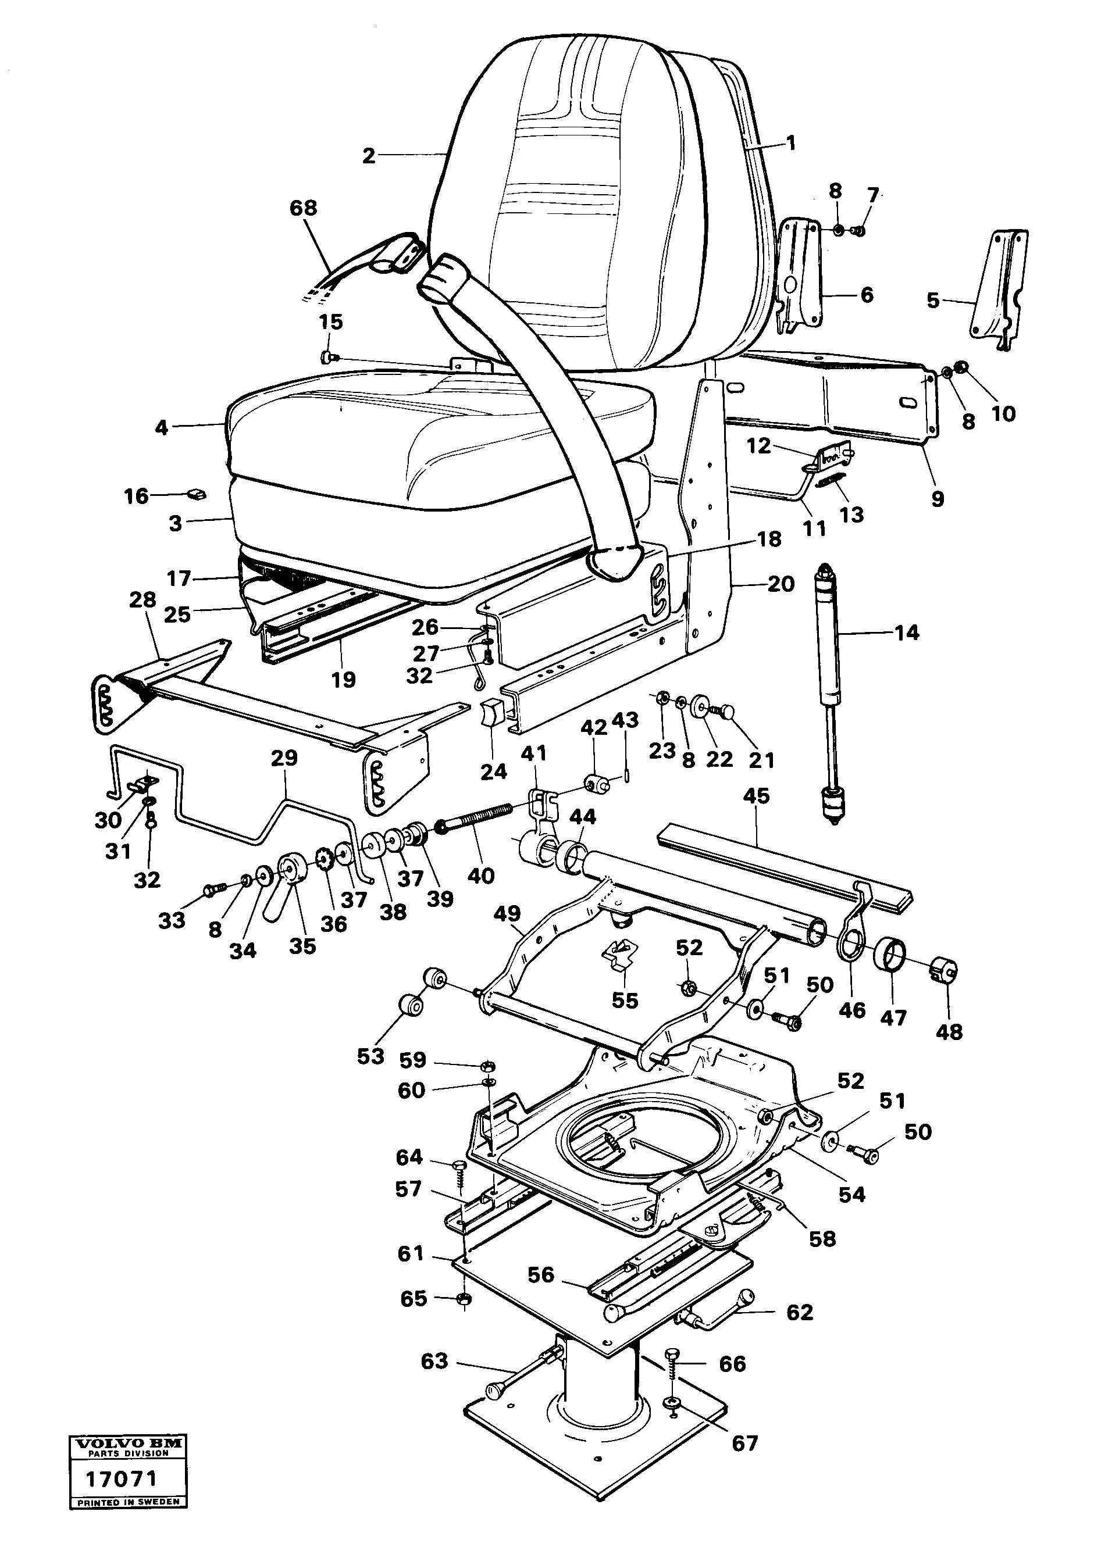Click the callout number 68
point(304,208)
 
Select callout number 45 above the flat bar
point(756,796)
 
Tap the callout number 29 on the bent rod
point(284,758)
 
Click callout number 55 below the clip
point(625,1001)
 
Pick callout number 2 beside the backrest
point(368,156)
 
